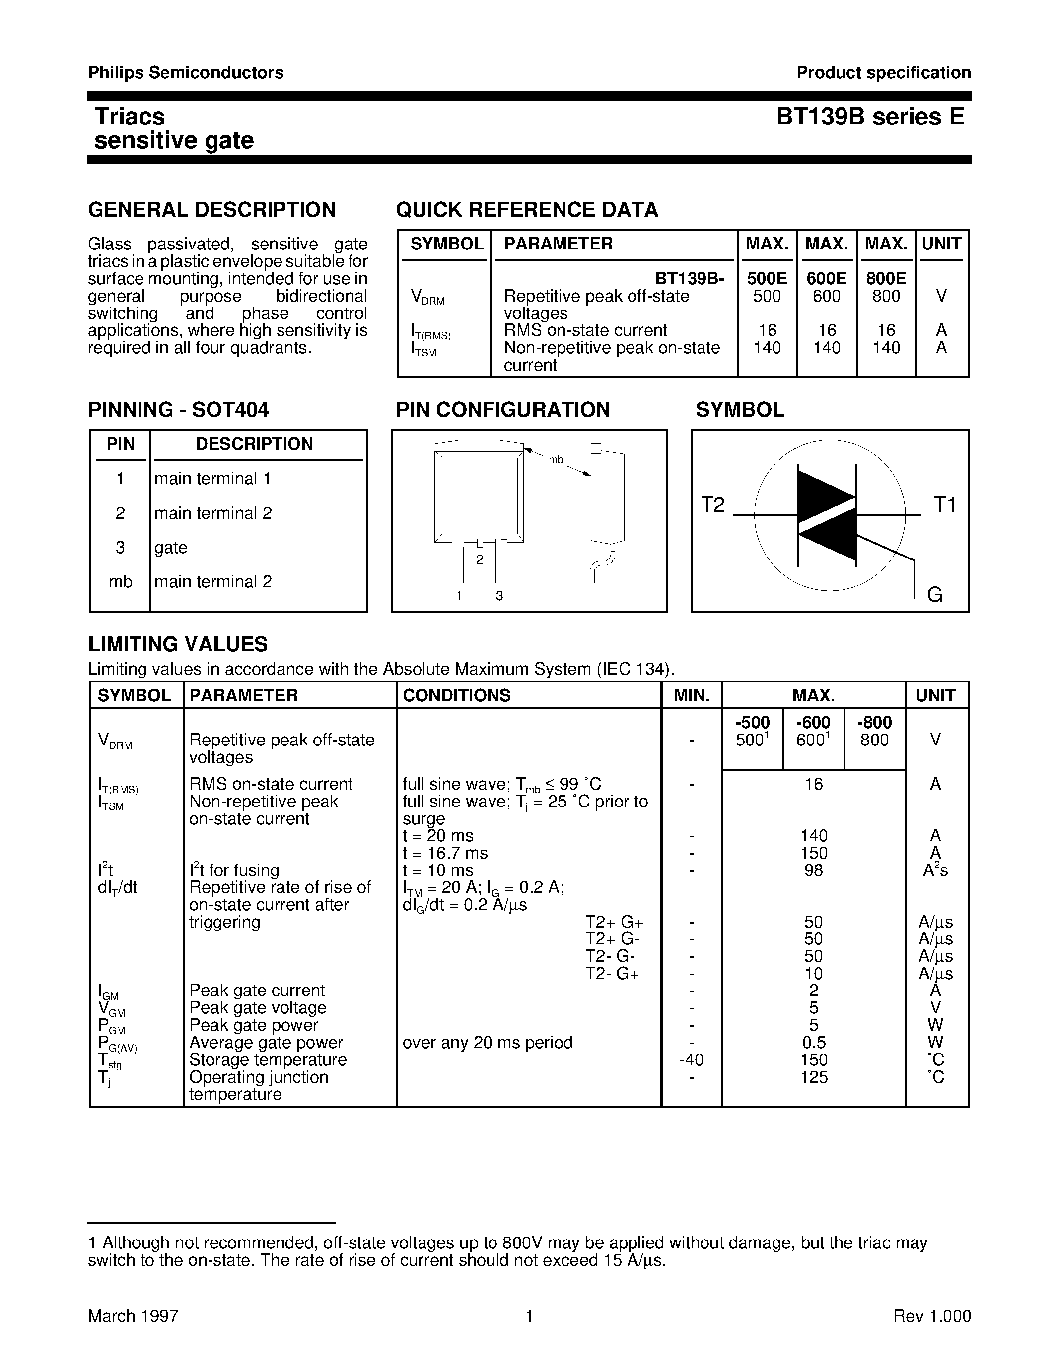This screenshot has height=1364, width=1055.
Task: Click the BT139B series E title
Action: (x=870, y=117)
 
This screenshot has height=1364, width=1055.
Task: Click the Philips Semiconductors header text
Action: (x=186, y=73)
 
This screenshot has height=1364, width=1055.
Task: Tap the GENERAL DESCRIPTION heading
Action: (x=212, y=210)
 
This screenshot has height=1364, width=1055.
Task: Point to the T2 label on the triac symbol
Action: (x=712, y=504)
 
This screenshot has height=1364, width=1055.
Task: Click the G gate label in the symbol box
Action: (x=934, y=595)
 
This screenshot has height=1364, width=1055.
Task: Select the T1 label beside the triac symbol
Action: (x=944, y=504)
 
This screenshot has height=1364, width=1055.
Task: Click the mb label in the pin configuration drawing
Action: (x=556, y=460)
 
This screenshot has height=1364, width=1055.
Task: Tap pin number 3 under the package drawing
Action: (x=499, y=596)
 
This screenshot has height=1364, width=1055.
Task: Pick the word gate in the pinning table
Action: (x=171, y=548)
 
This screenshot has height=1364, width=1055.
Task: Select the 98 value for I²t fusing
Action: (x=813, y=870)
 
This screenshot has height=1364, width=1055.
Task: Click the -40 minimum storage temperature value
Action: (x=691, y=1060)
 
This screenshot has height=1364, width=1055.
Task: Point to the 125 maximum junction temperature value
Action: (x=813, y=1077)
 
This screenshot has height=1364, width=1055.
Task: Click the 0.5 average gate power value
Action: (x=813, y=1043)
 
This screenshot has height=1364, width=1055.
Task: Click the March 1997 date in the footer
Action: (x=133, y=1316)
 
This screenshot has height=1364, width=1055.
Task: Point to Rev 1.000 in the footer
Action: (x=932, y=1316)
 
